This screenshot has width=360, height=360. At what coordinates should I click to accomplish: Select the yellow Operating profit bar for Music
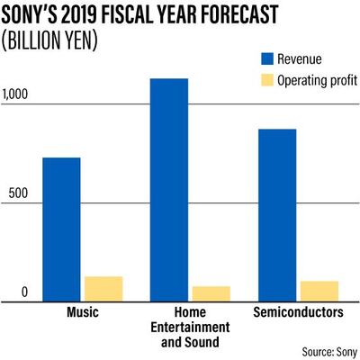103,289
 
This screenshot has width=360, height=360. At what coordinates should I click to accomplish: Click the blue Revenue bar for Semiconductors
277,215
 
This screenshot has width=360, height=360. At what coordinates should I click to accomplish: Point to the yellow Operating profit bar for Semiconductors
319,291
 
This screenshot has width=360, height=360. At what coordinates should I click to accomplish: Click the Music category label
83,312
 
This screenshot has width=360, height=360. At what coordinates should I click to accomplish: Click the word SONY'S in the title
35,15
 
